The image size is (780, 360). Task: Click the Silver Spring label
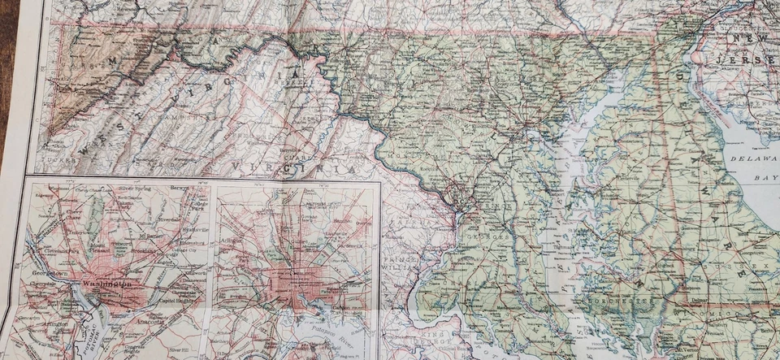(136, 189)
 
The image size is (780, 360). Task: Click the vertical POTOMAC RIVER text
(80, 333)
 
